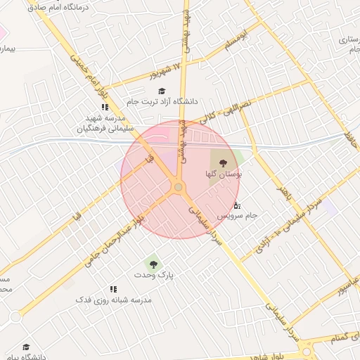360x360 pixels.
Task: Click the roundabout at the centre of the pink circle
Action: coord(179,187)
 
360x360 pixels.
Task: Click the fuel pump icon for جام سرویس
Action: coord(237,205)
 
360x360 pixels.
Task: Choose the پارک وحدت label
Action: coord(156,275)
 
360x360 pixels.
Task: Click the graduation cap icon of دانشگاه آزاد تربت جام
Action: coord(162,91)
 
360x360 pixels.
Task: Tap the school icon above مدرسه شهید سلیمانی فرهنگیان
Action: coord(104,108)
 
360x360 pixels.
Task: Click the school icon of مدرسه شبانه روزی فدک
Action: coord(112,288)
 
